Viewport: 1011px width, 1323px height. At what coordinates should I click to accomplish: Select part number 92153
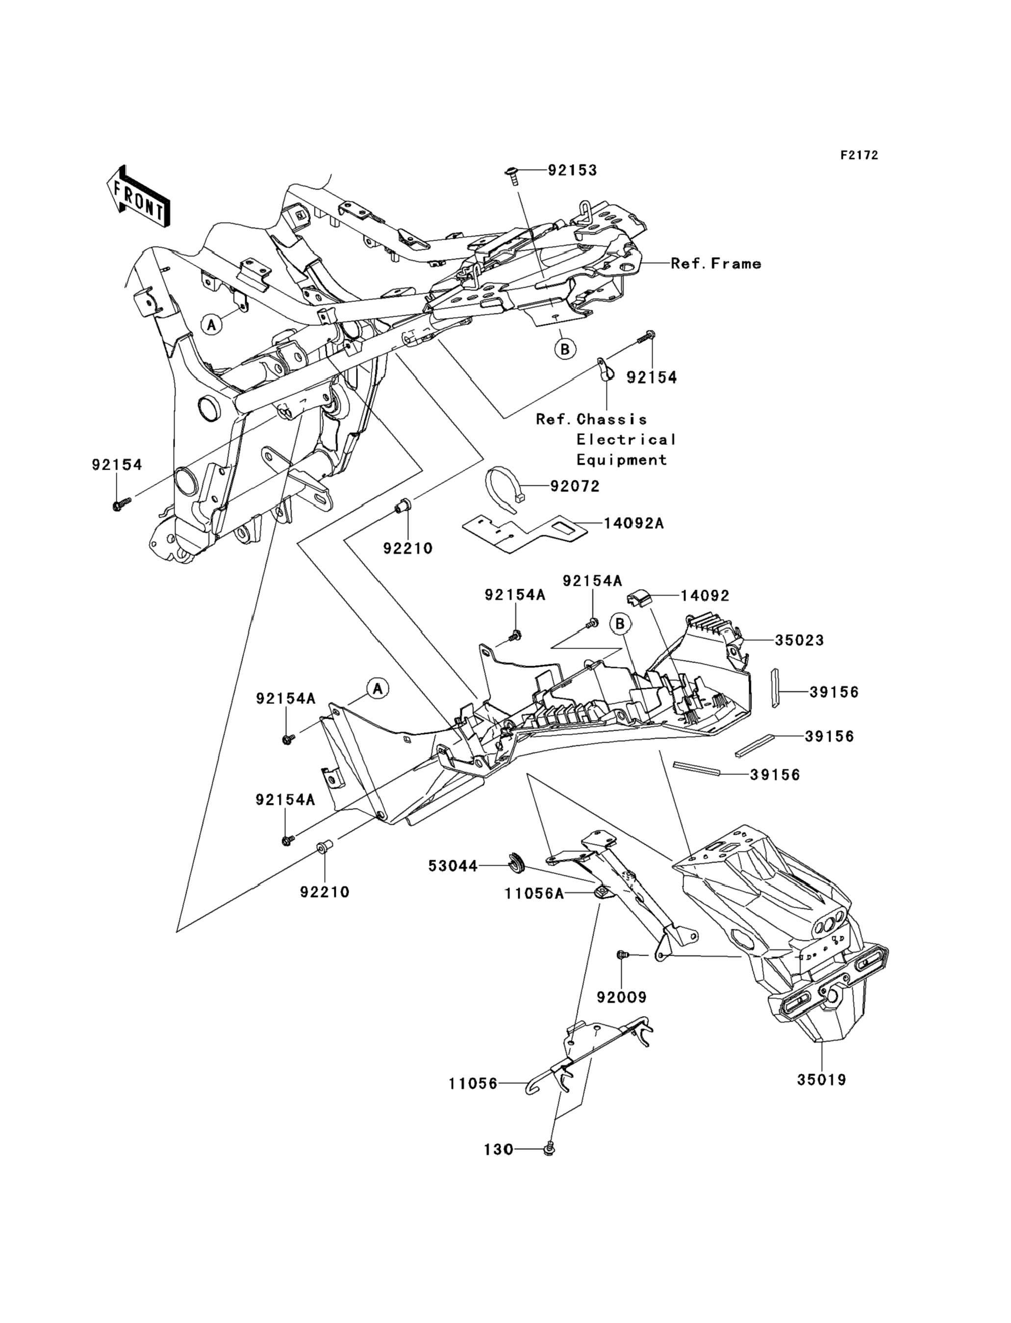coord(572,170)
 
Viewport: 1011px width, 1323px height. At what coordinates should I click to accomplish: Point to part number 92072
coord(575,486)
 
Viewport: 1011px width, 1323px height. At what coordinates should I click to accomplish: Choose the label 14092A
coord(633,524)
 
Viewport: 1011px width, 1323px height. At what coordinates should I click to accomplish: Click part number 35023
coord(799,640)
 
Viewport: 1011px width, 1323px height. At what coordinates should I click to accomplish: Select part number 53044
coord(453,866)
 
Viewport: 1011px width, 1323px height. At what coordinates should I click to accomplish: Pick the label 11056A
coord(534,894)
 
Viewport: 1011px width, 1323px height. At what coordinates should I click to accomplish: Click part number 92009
coord(622,997)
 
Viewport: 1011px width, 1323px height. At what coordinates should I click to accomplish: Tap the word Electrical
coord(626,440)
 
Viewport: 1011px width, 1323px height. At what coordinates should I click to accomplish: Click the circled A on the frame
coord(211,325)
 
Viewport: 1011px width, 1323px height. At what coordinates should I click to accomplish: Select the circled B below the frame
coord(565,349)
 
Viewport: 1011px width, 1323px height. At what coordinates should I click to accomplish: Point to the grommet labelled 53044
coord(516,865)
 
